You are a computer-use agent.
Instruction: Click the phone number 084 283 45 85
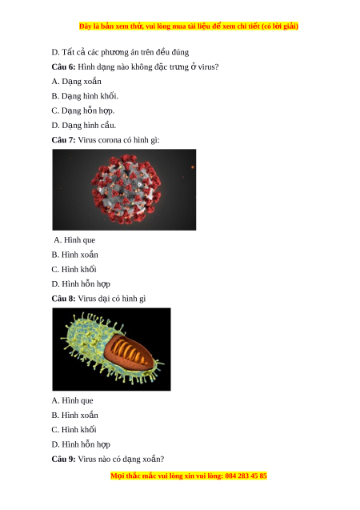coord(246,476)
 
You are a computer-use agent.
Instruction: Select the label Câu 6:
coord(63,67)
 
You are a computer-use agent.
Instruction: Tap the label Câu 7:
coord(63,140)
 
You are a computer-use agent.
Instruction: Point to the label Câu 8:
coord(63,299)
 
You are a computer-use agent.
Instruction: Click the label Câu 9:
coord(63,460)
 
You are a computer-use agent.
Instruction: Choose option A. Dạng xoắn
coord(76,82)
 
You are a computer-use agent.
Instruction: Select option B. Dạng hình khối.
coord(85,96)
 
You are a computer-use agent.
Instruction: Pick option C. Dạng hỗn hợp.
coord(83,111)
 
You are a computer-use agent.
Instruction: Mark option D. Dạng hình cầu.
coord(84,126)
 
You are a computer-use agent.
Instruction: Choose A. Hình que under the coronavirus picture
coord(74,240)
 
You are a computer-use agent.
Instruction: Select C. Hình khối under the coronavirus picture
coord(74,269)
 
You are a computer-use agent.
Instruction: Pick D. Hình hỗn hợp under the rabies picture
coord(81,444)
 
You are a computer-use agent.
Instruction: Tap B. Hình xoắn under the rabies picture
coord(74,416)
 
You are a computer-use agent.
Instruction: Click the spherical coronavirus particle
coord(126,189)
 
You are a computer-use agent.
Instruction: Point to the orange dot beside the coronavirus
coord(193,167)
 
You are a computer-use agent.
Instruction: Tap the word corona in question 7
coord(109,141)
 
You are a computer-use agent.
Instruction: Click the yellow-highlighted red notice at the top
coord(189,26)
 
